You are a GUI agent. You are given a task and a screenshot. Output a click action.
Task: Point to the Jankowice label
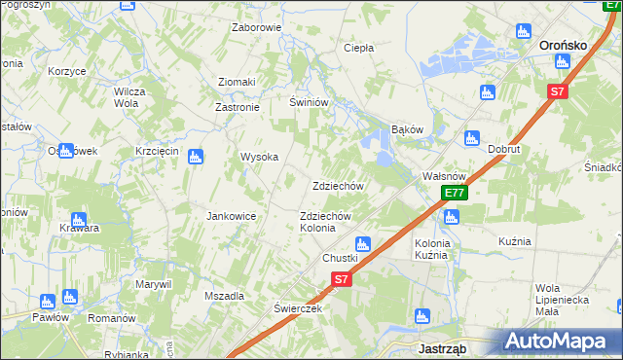(231, 216)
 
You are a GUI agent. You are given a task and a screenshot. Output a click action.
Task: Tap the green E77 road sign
(454, 193)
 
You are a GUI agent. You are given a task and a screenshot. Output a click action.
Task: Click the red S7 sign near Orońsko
(556, 91)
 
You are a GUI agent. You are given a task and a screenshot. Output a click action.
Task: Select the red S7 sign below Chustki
(340, 279)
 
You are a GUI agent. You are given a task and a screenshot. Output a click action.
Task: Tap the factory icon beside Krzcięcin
(195, 156)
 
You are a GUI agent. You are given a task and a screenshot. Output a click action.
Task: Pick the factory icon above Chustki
(363, 243)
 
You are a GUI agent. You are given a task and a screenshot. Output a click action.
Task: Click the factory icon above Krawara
(79, 219)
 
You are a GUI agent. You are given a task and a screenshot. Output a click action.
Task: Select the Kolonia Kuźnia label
(431, 248)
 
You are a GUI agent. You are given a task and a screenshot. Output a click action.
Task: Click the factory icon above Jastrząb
(422, 315)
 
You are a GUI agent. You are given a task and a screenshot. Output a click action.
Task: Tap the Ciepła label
(359, 47)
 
